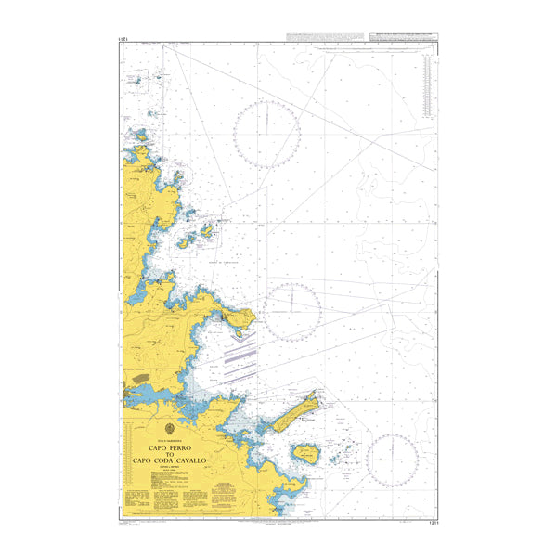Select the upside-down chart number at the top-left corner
[123, 40]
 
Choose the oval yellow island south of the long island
[307, 453]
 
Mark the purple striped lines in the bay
[240, 357]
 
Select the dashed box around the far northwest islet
[137, 82]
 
